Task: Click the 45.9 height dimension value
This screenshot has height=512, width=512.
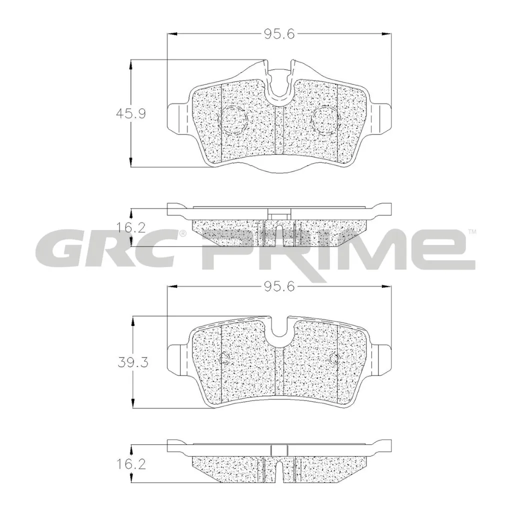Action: pos(131,113)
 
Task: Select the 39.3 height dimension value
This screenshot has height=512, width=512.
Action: pos(133,362)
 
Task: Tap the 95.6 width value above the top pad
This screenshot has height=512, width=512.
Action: pos(279,34)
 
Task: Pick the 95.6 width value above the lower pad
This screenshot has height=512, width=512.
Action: pos(279,286)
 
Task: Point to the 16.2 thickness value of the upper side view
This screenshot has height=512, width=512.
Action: pos(131,227)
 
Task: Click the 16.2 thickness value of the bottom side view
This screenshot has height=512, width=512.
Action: pos(131,464)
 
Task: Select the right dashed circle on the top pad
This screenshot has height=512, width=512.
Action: pos(325,120)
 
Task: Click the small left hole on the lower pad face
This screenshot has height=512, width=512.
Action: pos(224,359)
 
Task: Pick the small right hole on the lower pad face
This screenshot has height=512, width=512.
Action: pos(334,359)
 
